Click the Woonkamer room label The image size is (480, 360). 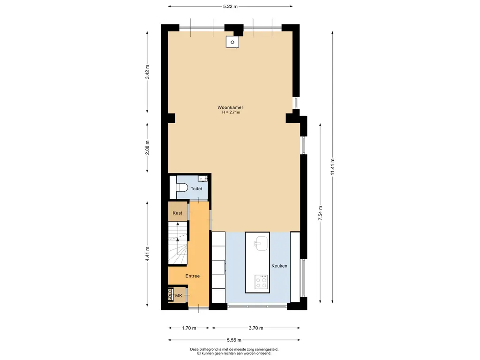(231, 107)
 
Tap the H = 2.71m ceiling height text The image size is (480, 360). (231, 112)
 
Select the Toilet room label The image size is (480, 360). (196, 188)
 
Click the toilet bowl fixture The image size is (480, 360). (181, 187)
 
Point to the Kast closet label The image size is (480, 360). (178, 213)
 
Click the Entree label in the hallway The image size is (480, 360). (193, 276)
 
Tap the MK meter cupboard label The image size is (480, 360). (179, 295)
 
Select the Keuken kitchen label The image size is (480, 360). (279, 266)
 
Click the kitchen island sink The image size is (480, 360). (262, 244)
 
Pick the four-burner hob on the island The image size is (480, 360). (261, 282)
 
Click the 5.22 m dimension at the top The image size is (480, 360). (231, 6)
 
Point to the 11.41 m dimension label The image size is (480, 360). (332, 167)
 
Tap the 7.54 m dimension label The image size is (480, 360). (320, 213)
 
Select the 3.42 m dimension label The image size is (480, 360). (147, 72)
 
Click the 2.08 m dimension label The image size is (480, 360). (147, 147)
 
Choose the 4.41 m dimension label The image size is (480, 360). (147, 254)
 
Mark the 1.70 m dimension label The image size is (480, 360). (189, 328)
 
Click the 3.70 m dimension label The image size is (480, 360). (256, 328)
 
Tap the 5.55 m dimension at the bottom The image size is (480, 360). (234, 340)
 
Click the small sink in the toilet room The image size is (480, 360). (202, 178)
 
